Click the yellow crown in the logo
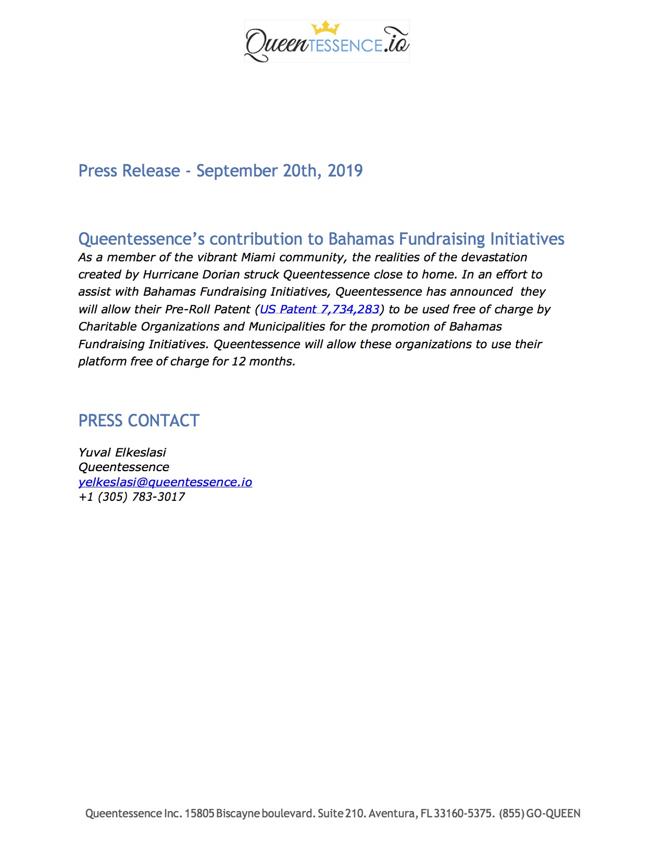[325, 28]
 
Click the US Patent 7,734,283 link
[319, 309]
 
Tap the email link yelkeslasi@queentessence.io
[165, 482]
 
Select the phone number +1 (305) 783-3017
[132, 497]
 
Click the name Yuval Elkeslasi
[122, 452]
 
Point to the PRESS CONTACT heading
[139, 421]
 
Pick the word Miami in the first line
[258, 257]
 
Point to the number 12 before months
[239, 361]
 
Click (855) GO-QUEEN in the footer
[540, 813]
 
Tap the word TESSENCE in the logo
[345, 46]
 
